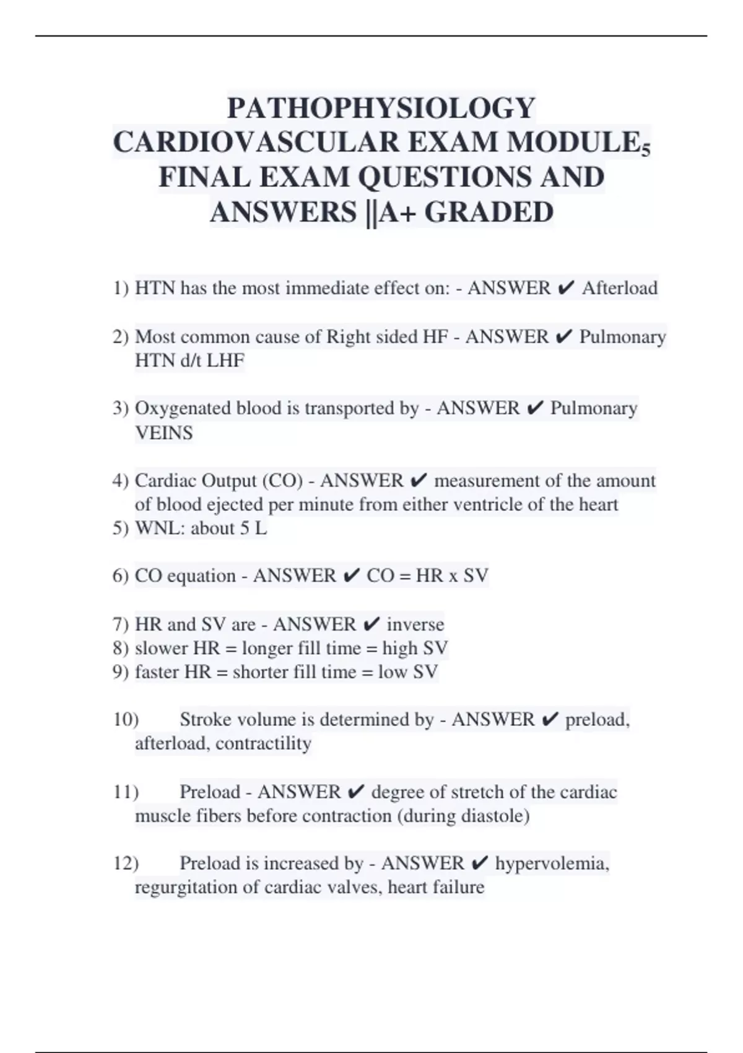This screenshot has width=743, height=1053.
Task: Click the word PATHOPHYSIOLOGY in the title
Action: pyautogui.click(x=381, y=108)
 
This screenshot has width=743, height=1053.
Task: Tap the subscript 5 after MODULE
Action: pyautogui.click(x=646, y=151)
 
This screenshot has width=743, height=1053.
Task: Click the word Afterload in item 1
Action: pyautogui.click(x=619, y=288)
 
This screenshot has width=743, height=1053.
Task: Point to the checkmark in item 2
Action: pyautogui.click(x=563, y=337)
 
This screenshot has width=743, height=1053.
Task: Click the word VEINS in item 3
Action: pyautogui.click(x=163, y=433)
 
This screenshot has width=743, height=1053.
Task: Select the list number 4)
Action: pyautogui.click(x=121, y=481)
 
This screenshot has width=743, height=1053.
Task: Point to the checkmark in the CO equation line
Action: pyautogui.click(x=351, y=576)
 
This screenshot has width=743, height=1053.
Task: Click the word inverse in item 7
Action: pyautogui.click(x=415, y=624)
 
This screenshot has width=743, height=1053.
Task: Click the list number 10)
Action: pyautogui.click(x=126, y=720)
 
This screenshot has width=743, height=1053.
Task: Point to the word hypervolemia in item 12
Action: pyautogui.click(x=552, y=863)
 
